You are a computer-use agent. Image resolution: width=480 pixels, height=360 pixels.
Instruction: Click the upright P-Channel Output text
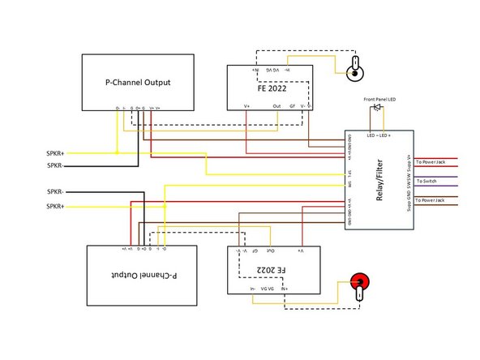[138, 82]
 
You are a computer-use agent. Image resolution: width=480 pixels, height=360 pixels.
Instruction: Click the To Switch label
[427, 181]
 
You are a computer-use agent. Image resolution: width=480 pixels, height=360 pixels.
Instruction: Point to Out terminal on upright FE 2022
[276, 105]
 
